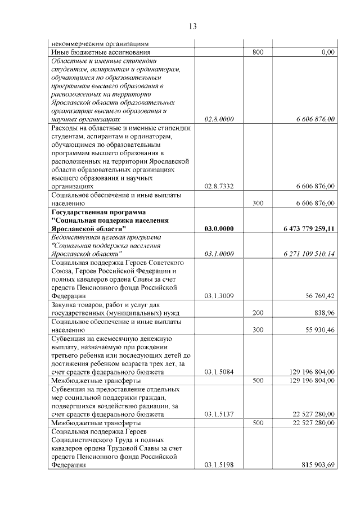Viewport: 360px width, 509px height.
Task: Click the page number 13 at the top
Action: click(192, 26)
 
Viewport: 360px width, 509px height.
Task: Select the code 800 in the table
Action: click(258, 52)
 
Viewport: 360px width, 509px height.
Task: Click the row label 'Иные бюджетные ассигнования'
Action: click(96, 52)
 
